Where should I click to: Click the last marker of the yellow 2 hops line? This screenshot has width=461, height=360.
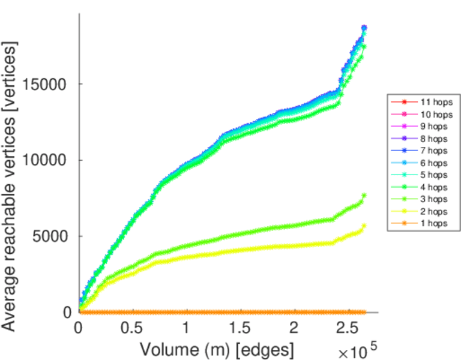(x=364, y=226)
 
